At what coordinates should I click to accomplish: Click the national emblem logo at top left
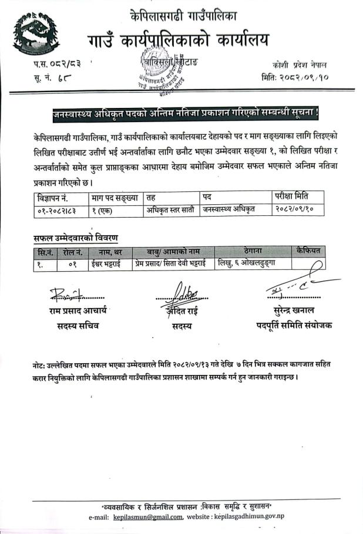(x=37, y=32)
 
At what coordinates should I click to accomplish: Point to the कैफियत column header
(x=308, y=252)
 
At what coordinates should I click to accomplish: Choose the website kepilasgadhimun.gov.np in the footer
(x=262, y=516)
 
